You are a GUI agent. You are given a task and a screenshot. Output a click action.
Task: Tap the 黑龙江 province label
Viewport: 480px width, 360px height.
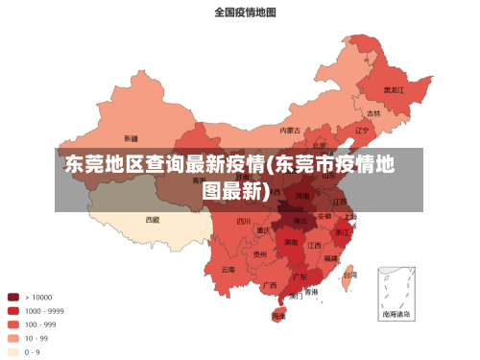[394, 89]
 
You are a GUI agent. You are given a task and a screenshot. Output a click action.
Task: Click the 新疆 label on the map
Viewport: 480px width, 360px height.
[131, 138]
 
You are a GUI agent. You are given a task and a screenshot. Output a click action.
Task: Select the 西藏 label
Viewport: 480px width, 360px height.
[153, 219]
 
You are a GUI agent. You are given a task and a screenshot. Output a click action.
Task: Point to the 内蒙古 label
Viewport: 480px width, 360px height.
[290, 130]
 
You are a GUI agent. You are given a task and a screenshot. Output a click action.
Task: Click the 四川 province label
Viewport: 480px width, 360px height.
[244, 222]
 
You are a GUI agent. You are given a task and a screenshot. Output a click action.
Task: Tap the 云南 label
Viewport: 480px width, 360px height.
[228, 270]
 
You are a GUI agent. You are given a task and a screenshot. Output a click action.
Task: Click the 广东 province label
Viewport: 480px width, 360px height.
[300, 276]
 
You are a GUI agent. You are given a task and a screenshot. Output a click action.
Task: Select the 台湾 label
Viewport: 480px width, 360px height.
[351, 273]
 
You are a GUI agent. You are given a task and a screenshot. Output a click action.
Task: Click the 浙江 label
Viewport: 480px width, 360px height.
[343, 232]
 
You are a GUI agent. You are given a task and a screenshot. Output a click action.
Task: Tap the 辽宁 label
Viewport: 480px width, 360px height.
[362, 130]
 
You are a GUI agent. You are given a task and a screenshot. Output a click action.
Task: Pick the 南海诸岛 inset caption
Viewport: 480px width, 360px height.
[396, 314]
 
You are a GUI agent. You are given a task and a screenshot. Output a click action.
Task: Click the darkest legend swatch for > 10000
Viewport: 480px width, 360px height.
[13, 297]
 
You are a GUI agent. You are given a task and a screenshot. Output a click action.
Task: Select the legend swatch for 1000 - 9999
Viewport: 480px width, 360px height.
[13, 310]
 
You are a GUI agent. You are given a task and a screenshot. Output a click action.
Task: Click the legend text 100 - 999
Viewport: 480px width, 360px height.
[42, 324]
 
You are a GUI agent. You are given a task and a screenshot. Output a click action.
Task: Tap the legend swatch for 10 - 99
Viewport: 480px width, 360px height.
[13, 338]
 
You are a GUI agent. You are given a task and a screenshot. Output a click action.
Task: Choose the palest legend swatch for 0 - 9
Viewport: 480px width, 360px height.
[13, 351]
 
